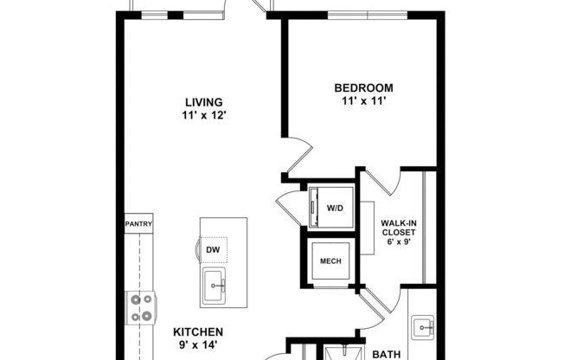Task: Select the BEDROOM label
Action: (363, 87)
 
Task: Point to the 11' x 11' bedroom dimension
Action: (363, 101)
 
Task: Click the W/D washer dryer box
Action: (332, 208)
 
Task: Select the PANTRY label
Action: (138, 224)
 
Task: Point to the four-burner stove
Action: (140, 306)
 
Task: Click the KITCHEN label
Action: (198, 331)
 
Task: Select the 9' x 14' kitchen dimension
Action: (198, 345)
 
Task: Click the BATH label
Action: (387, 354)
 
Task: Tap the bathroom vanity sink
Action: (421, 327)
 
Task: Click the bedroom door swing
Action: (299, 156)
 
